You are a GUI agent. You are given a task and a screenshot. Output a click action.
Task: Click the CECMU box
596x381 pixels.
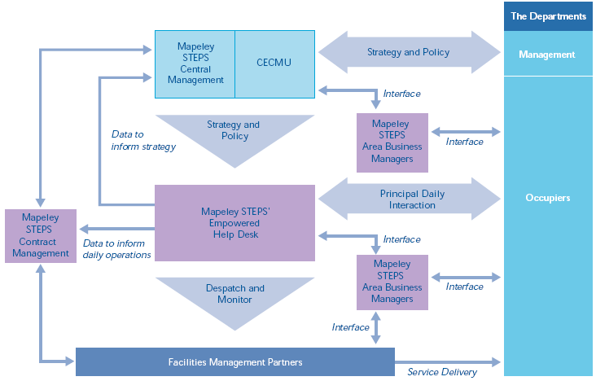pyautogui.click(x=274, y=62)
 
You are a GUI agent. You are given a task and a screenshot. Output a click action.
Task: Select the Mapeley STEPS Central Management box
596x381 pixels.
pyautogui.click(x=195, y=63)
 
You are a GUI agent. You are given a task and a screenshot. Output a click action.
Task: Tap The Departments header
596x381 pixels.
pyautogui.click(x=548, y=15)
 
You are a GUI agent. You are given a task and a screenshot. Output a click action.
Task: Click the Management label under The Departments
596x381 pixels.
pyautogui.click(x=548, y=55)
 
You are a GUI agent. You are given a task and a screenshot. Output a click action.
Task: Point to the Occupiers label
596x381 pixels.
pyautogui.click(x=548, y=198)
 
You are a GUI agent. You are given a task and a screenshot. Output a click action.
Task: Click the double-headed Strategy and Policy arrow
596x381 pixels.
pyautogui.click(x=408, y=53)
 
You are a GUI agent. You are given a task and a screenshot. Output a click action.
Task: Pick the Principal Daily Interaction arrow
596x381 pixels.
pyautogui.click(x=408, y=199)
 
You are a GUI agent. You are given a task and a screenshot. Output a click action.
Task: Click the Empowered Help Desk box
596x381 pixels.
pyautogui.click(x=234, y=223)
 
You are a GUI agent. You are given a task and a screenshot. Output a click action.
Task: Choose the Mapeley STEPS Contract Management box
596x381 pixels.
pyautogui.click(x=41, y=236)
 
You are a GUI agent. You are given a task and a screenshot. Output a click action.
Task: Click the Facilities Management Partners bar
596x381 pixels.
pyautogui.click(x=234, y=361)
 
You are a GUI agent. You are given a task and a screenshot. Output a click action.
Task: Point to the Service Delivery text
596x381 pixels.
pyautogui.click(x=442, y=372)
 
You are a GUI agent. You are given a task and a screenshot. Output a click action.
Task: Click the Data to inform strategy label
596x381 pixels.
pyautogui.click(x=143, y=140)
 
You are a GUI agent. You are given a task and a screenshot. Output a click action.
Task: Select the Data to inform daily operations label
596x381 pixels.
pyautogui.click(x=116, y=249)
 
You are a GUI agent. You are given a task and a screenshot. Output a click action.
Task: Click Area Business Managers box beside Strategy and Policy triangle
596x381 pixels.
pyautogui.click(x=392, y=142)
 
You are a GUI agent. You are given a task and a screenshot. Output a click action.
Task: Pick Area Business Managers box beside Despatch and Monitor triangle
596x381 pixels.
pyautogui.click(x=392, y=282)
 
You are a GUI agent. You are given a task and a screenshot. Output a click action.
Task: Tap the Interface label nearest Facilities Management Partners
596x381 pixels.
pyautogui.click(x=351, y=326)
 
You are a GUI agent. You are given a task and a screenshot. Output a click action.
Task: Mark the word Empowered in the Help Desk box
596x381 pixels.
pyautogui.click(x=235, y=223)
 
